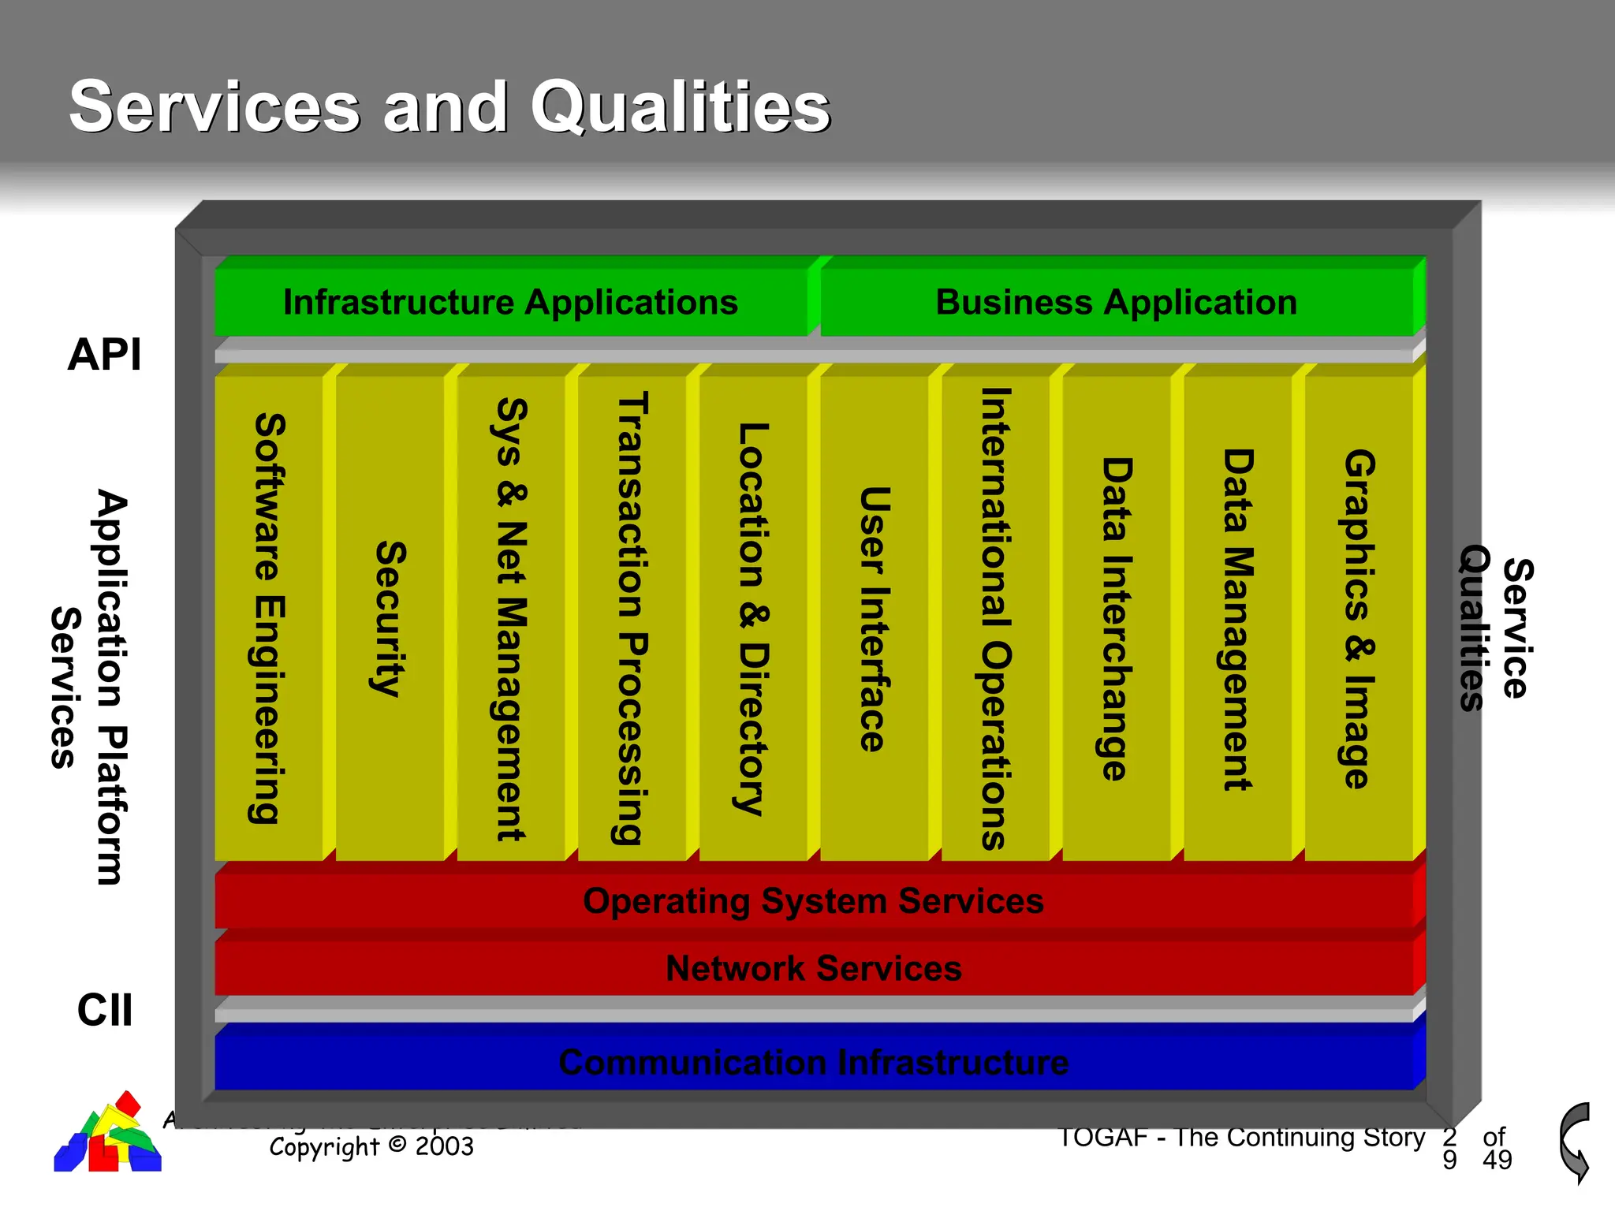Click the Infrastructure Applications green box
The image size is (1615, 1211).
tap(511, 303)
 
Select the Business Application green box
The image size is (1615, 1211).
tap(1116, 303)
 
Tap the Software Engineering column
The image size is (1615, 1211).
tap(269, 618)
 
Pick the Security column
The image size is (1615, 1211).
tap(390, 618)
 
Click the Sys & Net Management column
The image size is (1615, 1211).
tap(511, 618)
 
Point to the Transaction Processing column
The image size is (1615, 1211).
tap(632, 618)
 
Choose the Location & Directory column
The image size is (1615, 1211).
tap(753, 618)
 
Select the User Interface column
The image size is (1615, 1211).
tap(875, 618)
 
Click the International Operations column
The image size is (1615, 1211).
tap(995, 618)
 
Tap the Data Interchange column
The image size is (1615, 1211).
tap(1117, 618)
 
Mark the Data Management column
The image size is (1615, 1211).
tap(1237, 618)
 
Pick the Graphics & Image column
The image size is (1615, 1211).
tap(1359, 618)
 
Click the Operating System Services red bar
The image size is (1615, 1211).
tap(813, 900)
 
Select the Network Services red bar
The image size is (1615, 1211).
tap(813, 968)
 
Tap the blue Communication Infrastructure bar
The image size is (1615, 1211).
tap(813, 1062)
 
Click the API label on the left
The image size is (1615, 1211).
tap(104, 354)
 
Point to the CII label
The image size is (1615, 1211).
tap(104, 1010)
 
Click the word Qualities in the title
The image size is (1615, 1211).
tap(680, 107)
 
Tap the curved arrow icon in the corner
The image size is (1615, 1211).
tap(1575, 1142)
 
